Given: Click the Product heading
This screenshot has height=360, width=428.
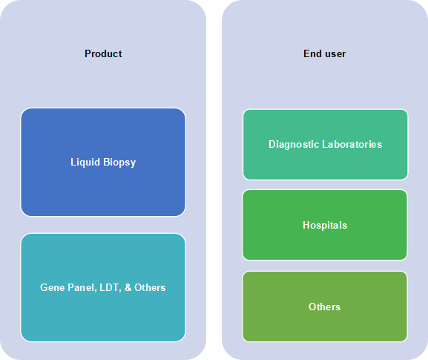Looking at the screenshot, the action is pos(103,53).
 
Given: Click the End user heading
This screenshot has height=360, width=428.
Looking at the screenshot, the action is pos(325,53).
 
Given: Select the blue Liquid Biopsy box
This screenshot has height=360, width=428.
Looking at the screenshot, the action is pos(103,163).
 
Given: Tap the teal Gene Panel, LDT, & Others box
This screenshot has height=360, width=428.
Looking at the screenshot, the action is pos(103,287).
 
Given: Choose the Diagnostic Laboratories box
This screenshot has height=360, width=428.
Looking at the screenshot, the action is pos(326,145).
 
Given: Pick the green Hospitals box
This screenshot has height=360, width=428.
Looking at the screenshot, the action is pos(325,225).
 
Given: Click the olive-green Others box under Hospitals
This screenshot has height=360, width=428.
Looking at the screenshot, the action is pos(325,307).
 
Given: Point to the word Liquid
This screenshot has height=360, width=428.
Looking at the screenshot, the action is pos(85,163).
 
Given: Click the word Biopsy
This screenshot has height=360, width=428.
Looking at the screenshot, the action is pos(119,163).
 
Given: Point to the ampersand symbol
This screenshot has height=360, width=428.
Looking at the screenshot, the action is pos(128,287).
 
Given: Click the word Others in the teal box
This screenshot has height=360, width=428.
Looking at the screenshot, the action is pos(150,287).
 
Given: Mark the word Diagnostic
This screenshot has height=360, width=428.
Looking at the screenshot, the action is pos(294,144).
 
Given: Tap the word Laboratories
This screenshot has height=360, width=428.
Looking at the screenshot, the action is pos(352,144).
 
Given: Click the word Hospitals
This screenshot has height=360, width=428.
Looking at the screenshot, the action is pos(325,225).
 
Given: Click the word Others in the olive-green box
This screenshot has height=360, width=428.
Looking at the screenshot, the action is pos(325,307).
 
